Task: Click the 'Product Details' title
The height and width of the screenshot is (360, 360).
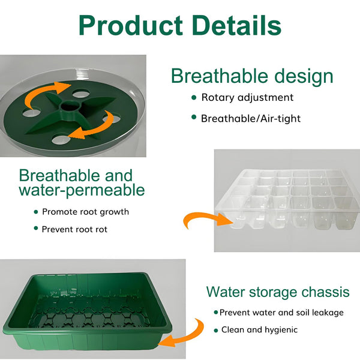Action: [179, 25]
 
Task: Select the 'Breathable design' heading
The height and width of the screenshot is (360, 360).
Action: [251, 76]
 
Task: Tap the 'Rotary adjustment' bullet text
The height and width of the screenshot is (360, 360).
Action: [247, 97]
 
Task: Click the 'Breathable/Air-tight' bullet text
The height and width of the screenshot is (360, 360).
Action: [250, 118]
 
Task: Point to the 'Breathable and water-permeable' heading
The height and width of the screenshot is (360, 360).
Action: [82, 183]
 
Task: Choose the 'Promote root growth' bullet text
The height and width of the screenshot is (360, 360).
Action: [85, 212]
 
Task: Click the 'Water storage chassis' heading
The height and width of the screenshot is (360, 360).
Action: [278, 292]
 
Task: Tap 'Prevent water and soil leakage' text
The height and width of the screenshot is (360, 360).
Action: [281, 313]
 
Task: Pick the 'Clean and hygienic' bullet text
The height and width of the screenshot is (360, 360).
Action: [259, 330]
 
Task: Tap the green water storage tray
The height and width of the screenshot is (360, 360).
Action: [87, 312]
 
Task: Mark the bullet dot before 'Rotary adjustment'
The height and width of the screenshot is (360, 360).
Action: [193, 97]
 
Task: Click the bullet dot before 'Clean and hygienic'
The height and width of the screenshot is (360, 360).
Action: [215, 330]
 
